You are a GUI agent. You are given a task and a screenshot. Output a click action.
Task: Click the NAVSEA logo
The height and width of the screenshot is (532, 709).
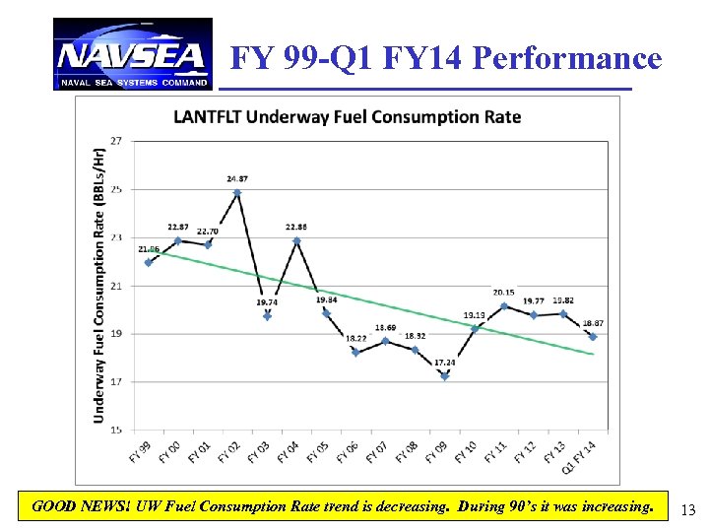[132, 54]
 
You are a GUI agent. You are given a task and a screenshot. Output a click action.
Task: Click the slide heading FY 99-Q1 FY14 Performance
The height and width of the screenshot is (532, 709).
[446, 59]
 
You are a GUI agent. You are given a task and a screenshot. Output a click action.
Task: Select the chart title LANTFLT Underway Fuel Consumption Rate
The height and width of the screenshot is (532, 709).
[348, 117]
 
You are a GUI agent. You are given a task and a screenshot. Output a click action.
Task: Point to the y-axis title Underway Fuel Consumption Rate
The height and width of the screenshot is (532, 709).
[99, 286]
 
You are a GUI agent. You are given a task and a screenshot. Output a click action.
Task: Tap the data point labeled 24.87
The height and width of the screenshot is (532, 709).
[237, 193]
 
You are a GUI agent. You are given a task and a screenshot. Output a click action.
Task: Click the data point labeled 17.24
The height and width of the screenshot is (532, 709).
[445, 376]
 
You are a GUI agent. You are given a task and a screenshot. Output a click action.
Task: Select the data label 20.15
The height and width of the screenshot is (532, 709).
[502, 293]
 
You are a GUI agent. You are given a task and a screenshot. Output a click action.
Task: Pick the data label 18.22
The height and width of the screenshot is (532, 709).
[355, 338]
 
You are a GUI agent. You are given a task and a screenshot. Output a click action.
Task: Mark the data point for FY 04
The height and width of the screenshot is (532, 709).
[296, 240]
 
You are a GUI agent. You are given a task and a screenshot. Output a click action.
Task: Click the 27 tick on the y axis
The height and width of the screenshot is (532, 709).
[116, 141]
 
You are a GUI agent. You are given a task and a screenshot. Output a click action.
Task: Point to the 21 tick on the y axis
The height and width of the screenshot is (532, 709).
[116, 286]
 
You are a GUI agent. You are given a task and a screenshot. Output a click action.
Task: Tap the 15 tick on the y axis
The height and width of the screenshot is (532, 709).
[116, 430]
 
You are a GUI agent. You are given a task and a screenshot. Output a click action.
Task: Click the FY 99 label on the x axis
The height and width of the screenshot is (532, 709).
[141, 452]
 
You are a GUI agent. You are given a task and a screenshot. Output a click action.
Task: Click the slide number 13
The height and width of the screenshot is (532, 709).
[687, 509]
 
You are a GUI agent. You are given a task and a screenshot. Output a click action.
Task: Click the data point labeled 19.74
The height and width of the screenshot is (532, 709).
[267, 316]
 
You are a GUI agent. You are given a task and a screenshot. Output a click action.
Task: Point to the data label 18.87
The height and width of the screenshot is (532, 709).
[593, 323]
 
